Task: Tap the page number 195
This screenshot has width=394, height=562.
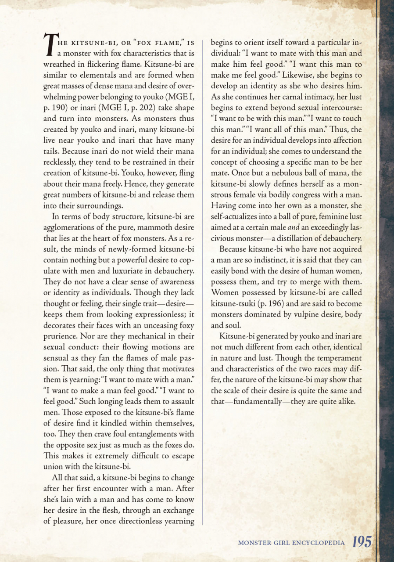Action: (362, 542)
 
